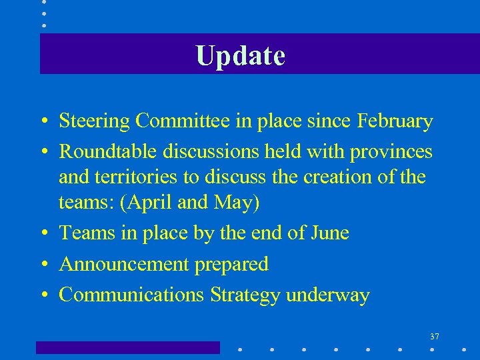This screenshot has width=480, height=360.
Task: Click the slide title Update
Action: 241,55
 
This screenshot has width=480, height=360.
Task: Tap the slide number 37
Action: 435,336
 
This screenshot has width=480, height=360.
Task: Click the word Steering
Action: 95,122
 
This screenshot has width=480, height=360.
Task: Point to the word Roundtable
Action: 107,152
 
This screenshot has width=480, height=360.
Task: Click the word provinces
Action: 396,153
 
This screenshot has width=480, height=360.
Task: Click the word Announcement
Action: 124,264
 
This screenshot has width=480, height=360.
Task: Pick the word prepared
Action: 231,265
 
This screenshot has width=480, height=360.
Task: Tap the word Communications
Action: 132,295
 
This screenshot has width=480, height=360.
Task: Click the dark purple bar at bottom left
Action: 127,347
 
